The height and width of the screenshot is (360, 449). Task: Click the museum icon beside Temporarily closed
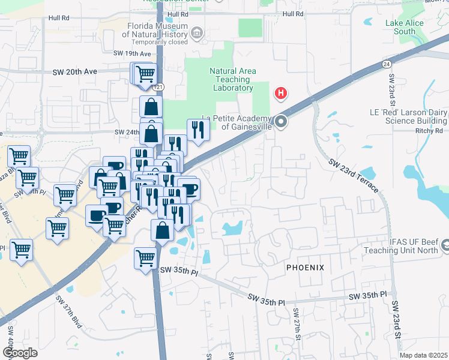[x=197, y=33]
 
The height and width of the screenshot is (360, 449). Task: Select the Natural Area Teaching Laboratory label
[x=232, y=79]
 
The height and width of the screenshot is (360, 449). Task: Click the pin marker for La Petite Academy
[x=281, y=122]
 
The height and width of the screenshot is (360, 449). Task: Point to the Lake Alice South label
[x=404, y=27]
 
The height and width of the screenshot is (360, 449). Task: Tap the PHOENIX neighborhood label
[x=305, y=267]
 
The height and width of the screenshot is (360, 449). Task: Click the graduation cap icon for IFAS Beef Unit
[x=445, y=245]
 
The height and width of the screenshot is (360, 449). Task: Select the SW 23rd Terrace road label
[x=354, y=175]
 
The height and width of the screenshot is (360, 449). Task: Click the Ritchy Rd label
[x=429, y=131]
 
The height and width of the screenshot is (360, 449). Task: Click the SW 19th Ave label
[x=132, y=53]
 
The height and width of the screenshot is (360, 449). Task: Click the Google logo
[x=20, y=352]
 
